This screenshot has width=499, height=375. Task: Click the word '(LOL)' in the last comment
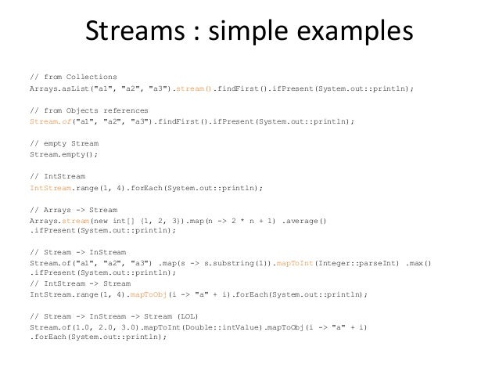pos(190,315)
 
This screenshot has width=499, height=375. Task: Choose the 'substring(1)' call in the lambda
pos(234,263)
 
